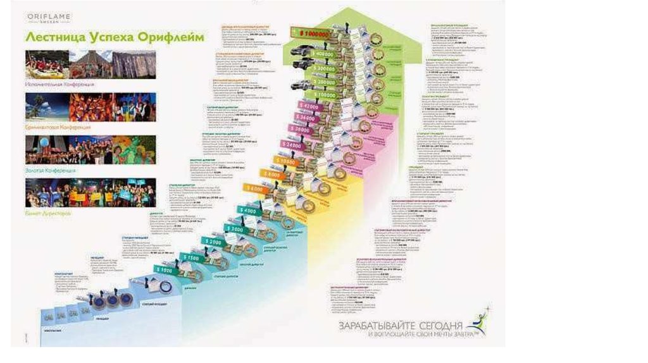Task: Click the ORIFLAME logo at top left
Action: tap(49, 17)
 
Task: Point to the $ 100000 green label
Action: tap(323, 94)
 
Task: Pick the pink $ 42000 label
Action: tap(309, 106)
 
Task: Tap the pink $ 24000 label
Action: tap(290, 145)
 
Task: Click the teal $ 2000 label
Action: tap(212, 242)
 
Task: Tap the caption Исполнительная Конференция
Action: tap(61, 83)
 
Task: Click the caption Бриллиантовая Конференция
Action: tap(60, 126)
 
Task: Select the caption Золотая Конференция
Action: tap(51, 171)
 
